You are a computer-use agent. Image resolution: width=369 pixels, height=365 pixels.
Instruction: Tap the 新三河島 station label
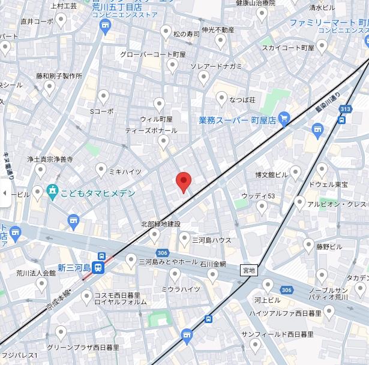point(74,267)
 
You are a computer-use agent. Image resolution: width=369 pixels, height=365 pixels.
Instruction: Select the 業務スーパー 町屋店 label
point(237,120)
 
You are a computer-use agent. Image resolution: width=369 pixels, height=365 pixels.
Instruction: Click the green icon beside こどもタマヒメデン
point(52,192)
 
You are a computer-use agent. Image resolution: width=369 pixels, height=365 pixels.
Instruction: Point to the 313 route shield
point(344,108)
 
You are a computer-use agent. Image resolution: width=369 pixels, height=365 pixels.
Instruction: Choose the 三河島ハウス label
point(211,240)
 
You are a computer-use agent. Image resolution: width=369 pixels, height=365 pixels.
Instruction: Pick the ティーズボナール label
point(151,130)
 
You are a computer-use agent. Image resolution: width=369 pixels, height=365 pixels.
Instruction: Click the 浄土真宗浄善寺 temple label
point(50,159)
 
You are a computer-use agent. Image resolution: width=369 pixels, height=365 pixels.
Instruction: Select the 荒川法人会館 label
point(36,273)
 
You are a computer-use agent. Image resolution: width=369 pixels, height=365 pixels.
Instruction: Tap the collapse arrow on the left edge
point(5,193)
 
